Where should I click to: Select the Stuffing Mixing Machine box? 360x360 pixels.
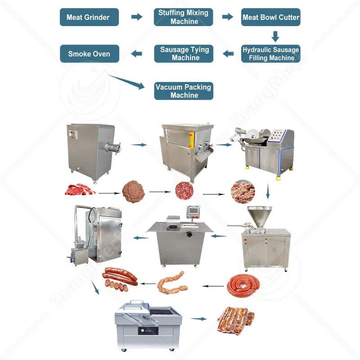[184, 17]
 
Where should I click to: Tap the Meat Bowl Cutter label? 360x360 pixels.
[270, 18]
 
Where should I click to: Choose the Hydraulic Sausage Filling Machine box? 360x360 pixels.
[270, 54]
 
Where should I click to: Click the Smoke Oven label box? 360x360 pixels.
[90, 54]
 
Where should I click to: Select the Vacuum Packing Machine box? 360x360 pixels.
[184, 91]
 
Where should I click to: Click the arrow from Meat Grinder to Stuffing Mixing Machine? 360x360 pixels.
[136, 17]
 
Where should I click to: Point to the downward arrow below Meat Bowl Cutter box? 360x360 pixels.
[275, 36]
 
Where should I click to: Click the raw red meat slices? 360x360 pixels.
[80, 189]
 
